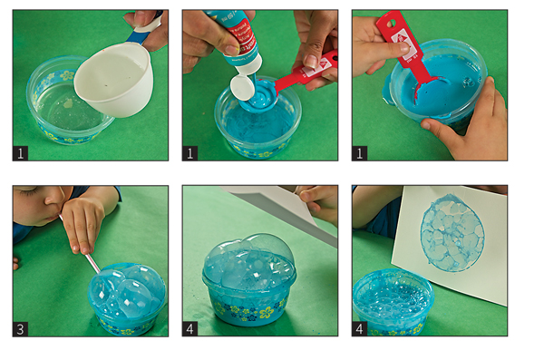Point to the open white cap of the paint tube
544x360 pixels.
point(242,88)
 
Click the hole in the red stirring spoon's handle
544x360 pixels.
point(392,23)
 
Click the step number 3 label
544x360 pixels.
point(21,329)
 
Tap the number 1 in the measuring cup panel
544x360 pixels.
point(21,153)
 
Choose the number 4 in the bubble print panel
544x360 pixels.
point(360,329)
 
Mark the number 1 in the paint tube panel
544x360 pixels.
point(190,153)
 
